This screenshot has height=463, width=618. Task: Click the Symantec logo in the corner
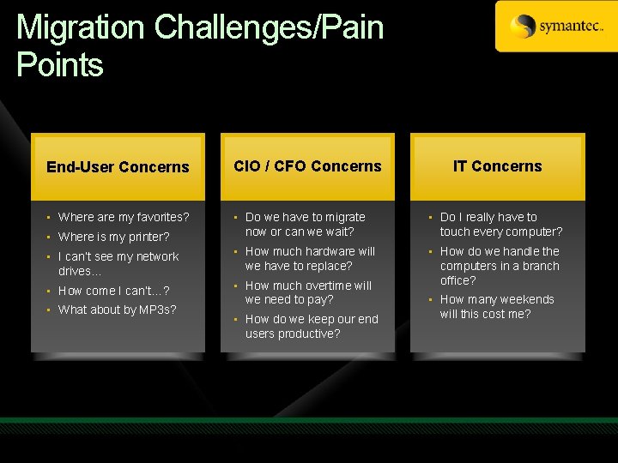(x=556, y=27)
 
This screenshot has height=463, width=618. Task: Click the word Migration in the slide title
(x=82, y=27)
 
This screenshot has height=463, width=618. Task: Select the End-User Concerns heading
(x=118, y=167)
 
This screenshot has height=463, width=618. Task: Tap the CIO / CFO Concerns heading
(x=307, y=166)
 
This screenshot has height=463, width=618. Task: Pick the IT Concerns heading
(x=498, y=166)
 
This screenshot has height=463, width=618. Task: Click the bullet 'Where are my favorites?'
(x=124, y=217)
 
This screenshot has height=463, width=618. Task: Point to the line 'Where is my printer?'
(x=113, y=237)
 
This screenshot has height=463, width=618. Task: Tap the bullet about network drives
(x=118, y=263)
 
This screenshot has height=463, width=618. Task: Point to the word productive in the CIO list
(x=306, y=334)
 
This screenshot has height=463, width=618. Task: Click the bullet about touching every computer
(x=500, y=224)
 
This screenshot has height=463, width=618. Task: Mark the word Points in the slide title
(x=60, y=65)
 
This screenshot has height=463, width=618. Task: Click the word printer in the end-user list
(x=148, y=237)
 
